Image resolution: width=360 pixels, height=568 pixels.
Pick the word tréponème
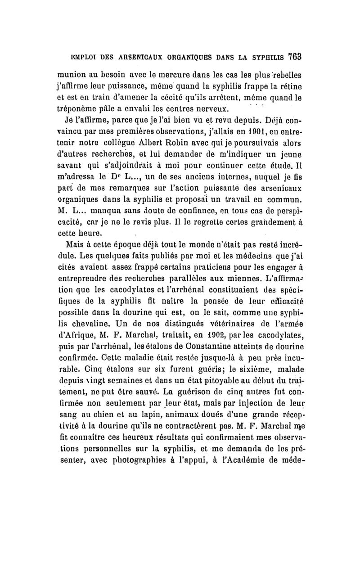point(77,109)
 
